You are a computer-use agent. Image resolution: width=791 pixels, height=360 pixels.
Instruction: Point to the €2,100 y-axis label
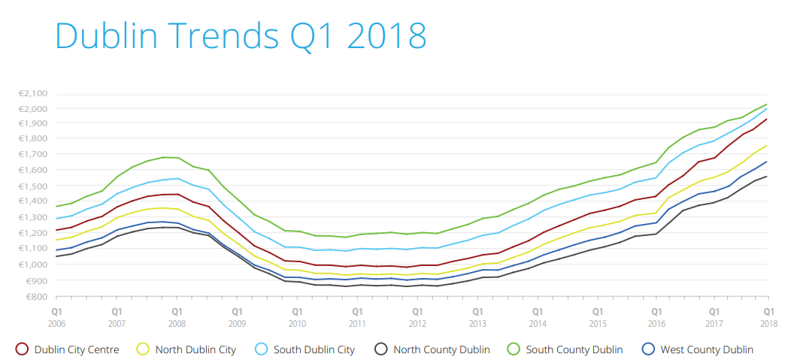[x=32, y=93]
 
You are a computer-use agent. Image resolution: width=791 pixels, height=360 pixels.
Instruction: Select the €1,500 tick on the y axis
[x=32, y=186]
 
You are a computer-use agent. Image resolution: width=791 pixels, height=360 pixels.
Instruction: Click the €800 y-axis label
[x=35, y=296]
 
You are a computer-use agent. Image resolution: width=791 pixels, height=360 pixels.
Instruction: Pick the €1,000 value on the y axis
[x=32, y=265]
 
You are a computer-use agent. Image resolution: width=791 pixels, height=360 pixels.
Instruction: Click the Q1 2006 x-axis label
[x=56, y=315]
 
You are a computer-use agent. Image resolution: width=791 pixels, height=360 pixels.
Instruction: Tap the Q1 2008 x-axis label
[x=177, y=315]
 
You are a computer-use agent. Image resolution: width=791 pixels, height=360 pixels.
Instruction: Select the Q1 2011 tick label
[x=356, y=315]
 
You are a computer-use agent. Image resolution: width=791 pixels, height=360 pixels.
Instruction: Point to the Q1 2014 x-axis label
[x=537, y=315]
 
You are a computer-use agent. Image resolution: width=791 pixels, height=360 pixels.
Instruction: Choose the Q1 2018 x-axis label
[x=768, y=315]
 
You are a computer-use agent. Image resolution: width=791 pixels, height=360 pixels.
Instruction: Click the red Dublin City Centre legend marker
[x=22, y=349]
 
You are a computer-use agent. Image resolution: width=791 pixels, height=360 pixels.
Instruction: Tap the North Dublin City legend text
[x=195, y=349]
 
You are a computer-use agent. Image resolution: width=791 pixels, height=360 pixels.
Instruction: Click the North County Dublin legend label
[x=441, y=349]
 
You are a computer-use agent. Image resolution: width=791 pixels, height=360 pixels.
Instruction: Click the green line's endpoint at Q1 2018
[x=767, y=104]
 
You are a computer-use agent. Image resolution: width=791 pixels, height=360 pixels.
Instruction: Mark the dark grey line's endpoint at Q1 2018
[x=767, y=177]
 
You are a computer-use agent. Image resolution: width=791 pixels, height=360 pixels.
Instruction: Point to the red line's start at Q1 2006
[x=56, y=230]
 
